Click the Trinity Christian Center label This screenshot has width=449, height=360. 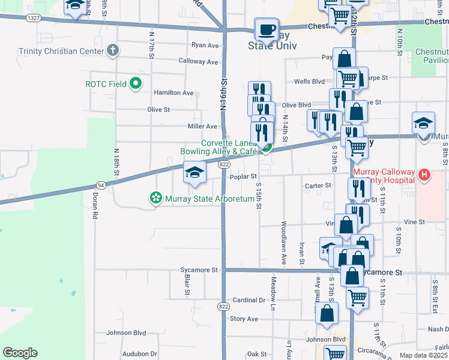(61, 51)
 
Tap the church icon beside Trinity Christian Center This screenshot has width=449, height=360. (112, 50)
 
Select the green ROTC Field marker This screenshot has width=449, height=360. (136, 84)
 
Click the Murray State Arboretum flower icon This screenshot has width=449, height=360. (156, 197)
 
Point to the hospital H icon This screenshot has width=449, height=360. (424, 175)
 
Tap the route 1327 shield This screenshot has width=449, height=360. (34, 19)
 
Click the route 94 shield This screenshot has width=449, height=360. (101, 185)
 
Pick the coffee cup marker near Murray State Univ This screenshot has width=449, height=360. (267, 29)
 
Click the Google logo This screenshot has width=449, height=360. (20, 353)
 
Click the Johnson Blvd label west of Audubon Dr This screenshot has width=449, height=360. (126, 332)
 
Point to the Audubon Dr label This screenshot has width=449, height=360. (139, 354)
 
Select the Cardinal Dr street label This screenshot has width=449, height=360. (249, 300)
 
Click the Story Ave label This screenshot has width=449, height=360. (244, 319)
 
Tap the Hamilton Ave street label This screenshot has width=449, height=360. (173, 93)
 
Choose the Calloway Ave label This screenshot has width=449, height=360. (199, 61)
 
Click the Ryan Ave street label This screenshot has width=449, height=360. (205, 45)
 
